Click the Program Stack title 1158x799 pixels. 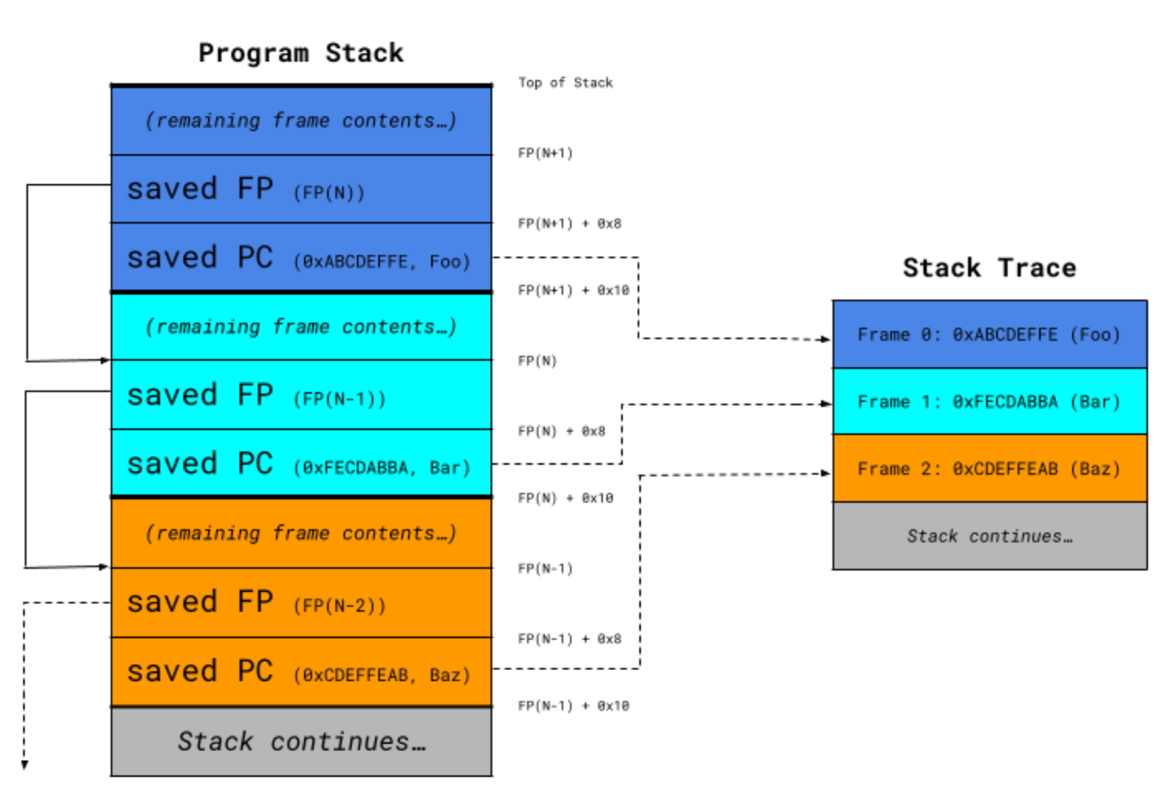[x=301, y=53]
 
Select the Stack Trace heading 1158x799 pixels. [x=989, y=267]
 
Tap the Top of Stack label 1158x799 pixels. [x=565, y=83]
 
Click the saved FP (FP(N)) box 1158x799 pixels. [x=301, y=189]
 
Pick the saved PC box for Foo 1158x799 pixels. [x=301, y=258]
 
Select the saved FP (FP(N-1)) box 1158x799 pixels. [x=301, y=395]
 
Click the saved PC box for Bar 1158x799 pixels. [x=301, y=464]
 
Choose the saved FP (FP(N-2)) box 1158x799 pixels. [x=301, y=603]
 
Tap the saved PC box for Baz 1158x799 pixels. [x=301, y=672]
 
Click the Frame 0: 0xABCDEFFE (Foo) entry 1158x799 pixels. [x=989, y=334]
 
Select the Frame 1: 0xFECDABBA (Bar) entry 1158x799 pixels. [x=989, y=402]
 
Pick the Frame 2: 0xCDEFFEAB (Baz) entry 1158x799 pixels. [x=989, y=469]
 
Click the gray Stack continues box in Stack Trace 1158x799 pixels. [x=989, y=537]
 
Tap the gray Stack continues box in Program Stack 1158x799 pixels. [x=301, y=741]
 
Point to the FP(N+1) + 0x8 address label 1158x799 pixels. [x=569, y=224]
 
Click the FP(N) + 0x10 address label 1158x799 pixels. [x=565, y=498]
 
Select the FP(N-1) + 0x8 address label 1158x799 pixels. [x=569, y=639]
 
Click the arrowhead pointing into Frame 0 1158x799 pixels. [x=826, y=338]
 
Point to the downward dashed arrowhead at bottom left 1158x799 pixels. [x=25, y=765]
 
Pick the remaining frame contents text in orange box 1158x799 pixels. [x=301, y=533]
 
